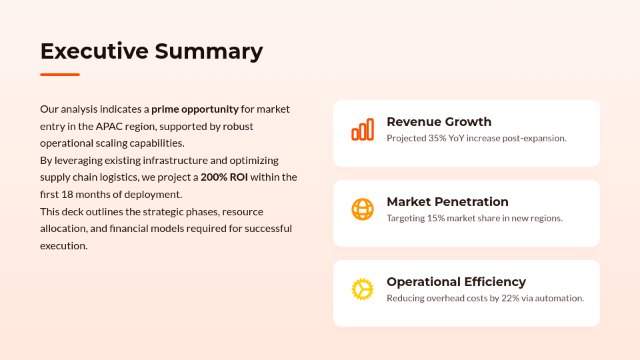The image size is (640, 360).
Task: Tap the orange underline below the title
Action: click(x=60, y=75)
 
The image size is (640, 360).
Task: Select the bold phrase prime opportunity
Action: click(x=195, y=109)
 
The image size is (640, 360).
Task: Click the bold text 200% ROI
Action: click(x=224, y=177)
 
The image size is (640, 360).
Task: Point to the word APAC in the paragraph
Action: click(x=109, y=126)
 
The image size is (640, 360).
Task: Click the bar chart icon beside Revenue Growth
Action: click(x=363, y=129)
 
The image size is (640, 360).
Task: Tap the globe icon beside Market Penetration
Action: click(x=363, y=209)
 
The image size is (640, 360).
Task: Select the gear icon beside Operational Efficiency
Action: click(x=363, y=289)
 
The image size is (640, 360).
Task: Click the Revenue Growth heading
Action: click(x=439, y=122)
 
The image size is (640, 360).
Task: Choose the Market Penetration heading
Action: click(x=447, y=202)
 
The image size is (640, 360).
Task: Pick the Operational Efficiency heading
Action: click(x=456, y=282)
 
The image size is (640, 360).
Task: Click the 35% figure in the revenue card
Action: click(x=437, y=138)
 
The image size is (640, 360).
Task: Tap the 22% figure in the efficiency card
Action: click(x=511, y=298)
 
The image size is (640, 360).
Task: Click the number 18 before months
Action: click(x=67, y=194)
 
